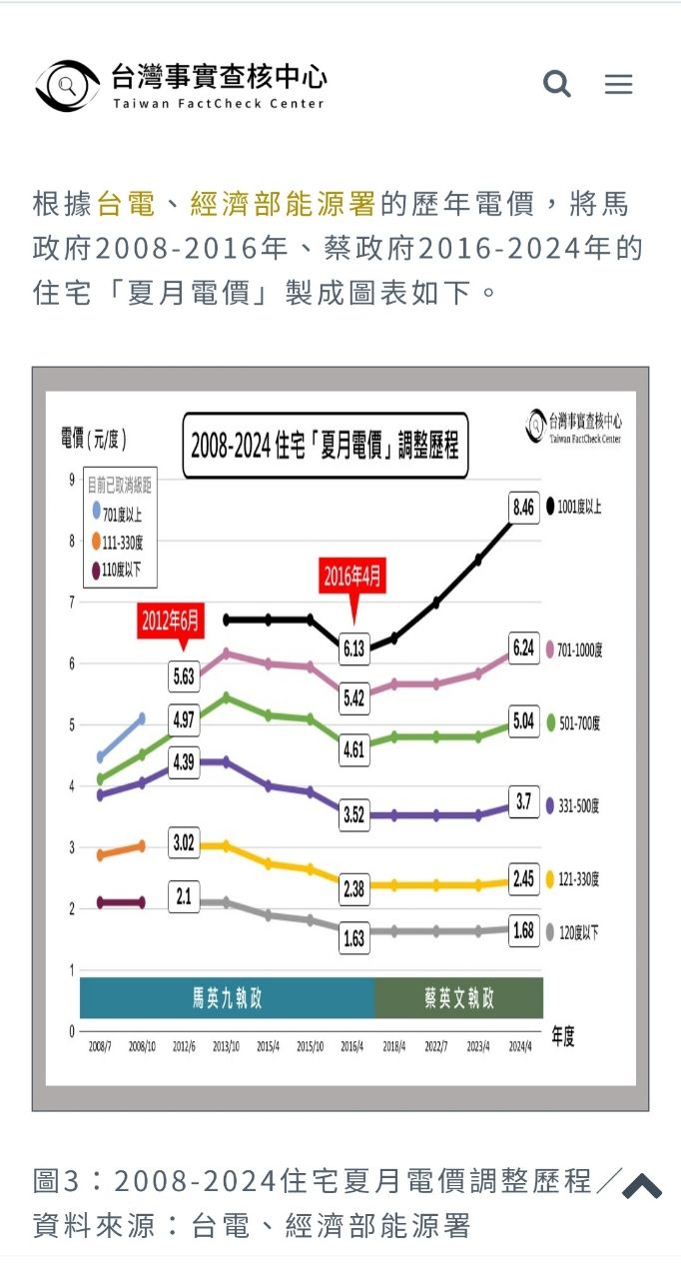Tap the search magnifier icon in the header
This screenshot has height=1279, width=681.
(x=557, y=84)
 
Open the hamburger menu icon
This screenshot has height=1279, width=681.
(x=619, y=84)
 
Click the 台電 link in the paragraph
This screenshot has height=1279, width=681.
(x=126, y=205)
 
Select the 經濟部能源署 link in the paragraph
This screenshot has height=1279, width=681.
(x=283, y=205)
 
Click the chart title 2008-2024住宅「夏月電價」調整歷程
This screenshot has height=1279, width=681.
(x=326, y=445)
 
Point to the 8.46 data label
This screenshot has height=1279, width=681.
(x=524, y=508)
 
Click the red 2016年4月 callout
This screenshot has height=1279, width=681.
(x=352, y=578)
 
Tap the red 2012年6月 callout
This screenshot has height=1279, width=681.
(x=170, y=621)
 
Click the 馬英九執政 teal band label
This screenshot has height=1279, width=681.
(x=228, y=998)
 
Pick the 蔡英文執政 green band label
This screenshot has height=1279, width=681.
(x=459, y=998)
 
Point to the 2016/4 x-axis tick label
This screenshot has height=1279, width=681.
(x=352, y=1046)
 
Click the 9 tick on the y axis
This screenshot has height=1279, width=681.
(x=72, y=480)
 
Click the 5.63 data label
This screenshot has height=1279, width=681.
(x=184, y=676)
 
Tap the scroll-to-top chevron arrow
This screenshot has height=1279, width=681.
(x=642, y=1185)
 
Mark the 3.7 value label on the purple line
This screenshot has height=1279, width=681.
(x=524, y=801)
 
